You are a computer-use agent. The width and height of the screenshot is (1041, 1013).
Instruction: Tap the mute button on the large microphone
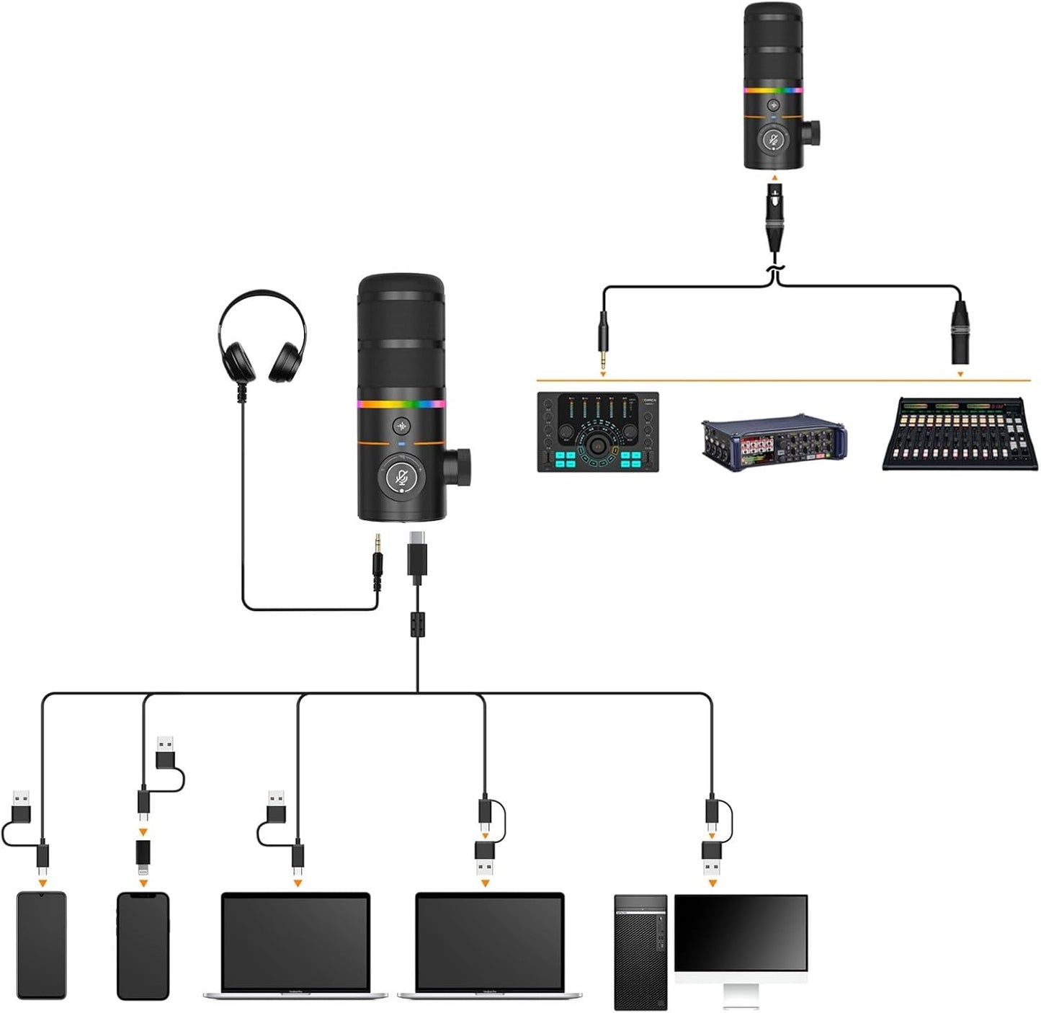(x=402, y=476)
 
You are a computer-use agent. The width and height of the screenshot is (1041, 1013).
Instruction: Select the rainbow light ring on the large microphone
(x=401, y=404)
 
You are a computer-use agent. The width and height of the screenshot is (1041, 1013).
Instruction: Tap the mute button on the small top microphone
(x=773, y=139)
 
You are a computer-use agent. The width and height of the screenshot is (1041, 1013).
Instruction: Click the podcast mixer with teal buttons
(x=598, y=432)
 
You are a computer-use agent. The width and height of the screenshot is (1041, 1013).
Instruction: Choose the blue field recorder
(x=774, y=441)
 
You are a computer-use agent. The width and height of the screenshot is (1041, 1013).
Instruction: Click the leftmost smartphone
(x=41, y=945)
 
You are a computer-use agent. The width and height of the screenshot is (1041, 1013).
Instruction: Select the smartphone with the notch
(x=143, y=945)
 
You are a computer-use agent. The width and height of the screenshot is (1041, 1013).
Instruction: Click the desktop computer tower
(x=640, y=951)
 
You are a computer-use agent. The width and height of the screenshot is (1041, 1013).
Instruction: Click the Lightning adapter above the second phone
(x=143, y=852)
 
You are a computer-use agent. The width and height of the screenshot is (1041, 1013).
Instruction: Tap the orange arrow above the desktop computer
(x=712, y=883)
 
